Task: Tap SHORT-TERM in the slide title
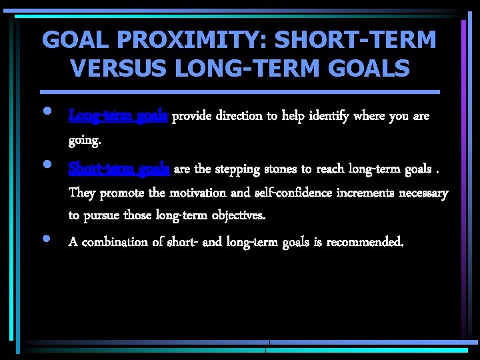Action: point(355,40)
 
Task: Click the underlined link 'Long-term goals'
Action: point(119,116)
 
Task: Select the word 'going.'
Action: point(85,141)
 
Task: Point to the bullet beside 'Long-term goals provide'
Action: point(49,111)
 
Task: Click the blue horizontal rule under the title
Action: point(240,91)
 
